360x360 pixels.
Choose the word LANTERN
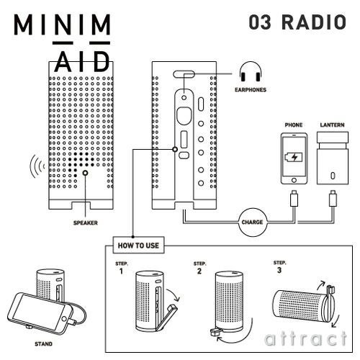point(332,125)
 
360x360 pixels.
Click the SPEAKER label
point(85,223)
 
